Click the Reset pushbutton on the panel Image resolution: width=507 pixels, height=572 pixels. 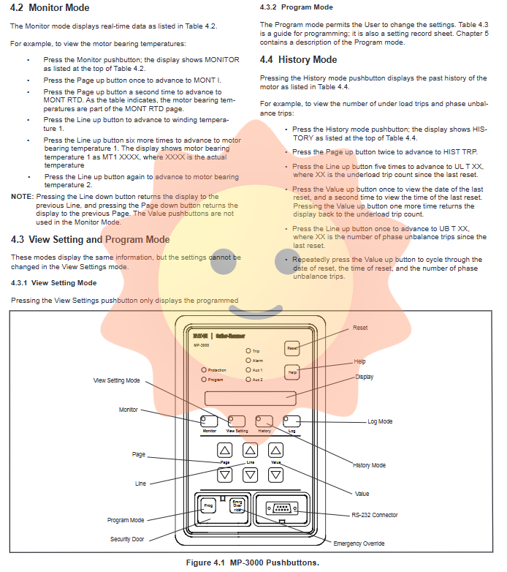[292, 349]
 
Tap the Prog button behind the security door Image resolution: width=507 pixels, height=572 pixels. [208, 506]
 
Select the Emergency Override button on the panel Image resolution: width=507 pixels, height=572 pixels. [237, 505]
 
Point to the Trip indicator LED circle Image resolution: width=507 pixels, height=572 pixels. [248, 351]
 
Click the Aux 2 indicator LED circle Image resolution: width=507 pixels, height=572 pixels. [248, 380]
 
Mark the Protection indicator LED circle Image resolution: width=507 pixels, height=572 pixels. [203, 370]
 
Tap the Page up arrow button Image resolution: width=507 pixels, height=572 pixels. [226, 450]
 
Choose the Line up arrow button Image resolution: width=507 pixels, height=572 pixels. [251, 450]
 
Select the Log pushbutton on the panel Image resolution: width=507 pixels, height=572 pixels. [291, 421]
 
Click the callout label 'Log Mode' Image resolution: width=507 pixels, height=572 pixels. [380, 421]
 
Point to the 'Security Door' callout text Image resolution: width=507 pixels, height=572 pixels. [126, 538]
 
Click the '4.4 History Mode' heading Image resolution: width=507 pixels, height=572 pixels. [298, 59]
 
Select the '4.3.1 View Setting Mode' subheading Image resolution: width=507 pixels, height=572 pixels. [53, 282]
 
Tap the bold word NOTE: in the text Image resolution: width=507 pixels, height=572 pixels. [21, 197]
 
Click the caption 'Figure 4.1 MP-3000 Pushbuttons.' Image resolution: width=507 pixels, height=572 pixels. [254, 562]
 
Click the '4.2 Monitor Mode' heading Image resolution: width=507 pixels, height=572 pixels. [50, 8]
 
